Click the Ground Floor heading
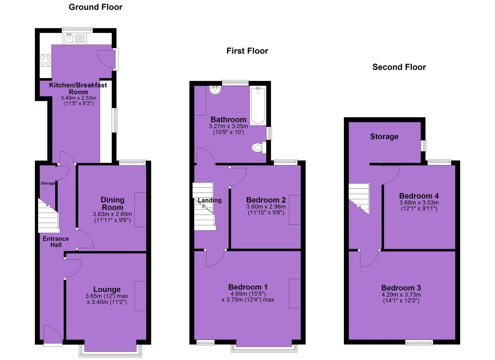(x=95, y=7)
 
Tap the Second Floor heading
(x=399, y=67)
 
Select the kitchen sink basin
(x=69, y=39)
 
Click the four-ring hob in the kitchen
(x=46, y=61)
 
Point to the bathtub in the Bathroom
(x=258, y=106)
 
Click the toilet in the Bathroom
(x=259, y=147)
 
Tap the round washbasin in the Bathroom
(x=215, y=90)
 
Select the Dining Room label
(x=112, y=204)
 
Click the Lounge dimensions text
(x=107, y=299)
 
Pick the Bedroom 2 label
(x=266, y=200)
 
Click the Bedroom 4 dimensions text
(x=419, y=205)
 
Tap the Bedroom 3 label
(x=401, y=288)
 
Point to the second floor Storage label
(x=384, y=137)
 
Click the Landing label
(x=210, y=200)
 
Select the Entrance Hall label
(x=56, y=242)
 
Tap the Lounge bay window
(x=110, y=352)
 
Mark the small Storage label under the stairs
(x=48, y=183)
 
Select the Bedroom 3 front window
(x=419, y=343)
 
